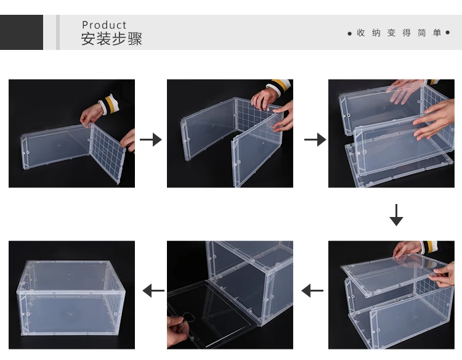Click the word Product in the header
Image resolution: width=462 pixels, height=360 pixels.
pyautogui.click(x=104, y=25)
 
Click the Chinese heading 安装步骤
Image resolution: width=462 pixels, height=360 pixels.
pyautogui.click(x=111, y=39)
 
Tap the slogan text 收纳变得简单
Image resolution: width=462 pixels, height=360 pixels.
pyautogui.click(x=399, y=33)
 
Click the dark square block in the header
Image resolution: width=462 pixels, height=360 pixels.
pyautogui.click(x=22, y=32)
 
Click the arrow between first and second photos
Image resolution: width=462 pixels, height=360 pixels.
pyautogui.click(x=151, y=139)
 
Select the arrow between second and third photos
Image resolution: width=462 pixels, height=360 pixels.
pyautogui.click(x=315, y=139)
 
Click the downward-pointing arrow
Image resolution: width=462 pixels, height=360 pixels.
pyautogui.click(x=396, y=215)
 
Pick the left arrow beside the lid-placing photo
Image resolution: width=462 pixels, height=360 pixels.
pyautogui.click(x=312, y=290)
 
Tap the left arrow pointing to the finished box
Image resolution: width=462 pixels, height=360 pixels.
pyautogui.click(x=153, y=290)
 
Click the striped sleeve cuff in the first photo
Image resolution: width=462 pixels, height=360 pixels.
pyautogui.click(x=109, y=105)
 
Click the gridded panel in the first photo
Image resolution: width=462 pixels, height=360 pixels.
pyautogui.click(x=108, y=152)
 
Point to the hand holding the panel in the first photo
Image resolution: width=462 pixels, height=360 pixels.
pyautogui.click(x=91, y=115)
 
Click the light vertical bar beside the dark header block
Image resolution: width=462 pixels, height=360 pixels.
pyautogui.click(x=58, y=32)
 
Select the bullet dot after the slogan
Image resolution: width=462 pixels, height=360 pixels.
pyautogui.click(x=448, y=33)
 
